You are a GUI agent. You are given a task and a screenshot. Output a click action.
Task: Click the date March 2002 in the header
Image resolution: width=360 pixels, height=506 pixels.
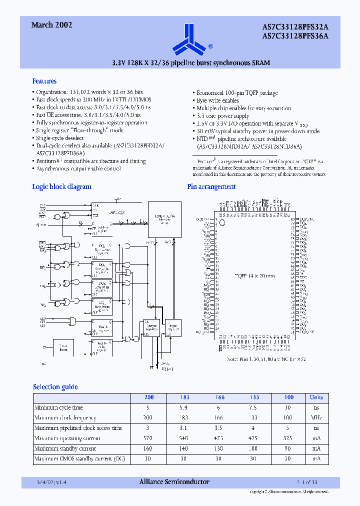pos(51,25)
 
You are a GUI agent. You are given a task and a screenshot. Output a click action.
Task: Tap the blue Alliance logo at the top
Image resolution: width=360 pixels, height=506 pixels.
pos(189,39)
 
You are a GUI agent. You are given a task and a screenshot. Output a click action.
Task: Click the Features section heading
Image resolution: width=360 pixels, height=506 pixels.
pos(44,81)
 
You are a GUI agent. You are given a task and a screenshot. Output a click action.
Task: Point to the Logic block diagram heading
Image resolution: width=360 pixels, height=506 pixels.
pos(61,186)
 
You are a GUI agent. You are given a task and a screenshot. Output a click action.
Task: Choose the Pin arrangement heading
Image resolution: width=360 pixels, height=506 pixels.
pos(211,186)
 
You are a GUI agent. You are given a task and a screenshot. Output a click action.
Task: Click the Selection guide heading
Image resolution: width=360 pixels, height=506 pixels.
pos(55,386)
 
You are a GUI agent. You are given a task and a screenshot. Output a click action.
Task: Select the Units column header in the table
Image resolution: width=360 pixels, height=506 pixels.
pos(316,397)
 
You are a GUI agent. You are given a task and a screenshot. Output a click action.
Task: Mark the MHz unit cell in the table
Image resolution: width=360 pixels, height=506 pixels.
pos(316,417)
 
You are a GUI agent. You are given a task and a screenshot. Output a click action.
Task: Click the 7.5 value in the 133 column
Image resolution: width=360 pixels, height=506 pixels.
pos(254,407)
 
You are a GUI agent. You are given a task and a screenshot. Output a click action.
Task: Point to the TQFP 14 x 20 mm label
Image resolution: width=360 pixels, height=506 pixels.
pos(255,275)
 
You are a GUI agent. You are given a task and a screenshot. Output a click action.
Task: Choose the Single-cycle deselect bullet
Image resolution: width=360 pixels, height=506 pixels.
pos(60,138)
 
